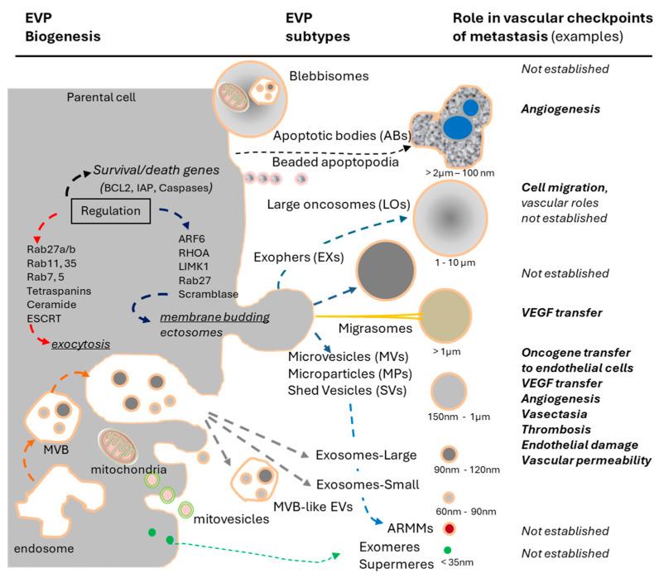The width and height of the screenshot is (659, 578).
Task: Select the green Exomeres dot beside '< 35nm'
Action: [x=447, y=549]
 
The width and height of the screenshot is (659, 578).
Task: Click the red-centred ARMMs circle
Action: [x=448, y=527]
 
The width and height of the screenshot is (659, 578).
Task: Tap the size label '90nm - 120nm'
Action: [x=451, y=479]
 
